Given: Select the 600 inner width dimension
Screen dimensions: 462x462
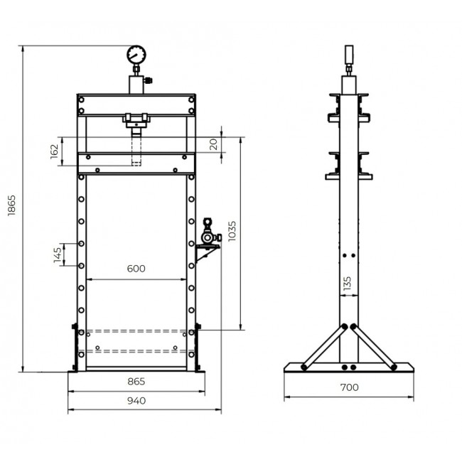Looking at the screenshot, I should tap(136, 269).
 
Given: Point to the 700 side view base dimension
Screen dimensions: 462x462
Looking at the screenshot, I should tap(348, 388).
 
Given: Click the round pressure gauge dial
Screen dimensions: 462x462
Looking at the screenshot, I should tap(136, 55).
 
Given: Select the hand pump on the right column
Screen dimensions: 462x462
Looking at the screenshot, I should tap(208, 231).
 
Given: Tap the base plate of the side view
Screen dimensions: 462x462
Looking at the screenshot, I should tap(348, 367).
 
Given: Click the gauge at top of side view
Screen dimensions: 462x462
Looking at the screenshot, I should tap(348, 55).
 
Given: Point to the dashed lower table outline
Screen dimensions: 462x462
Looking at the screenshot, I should tap(136, 340).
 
